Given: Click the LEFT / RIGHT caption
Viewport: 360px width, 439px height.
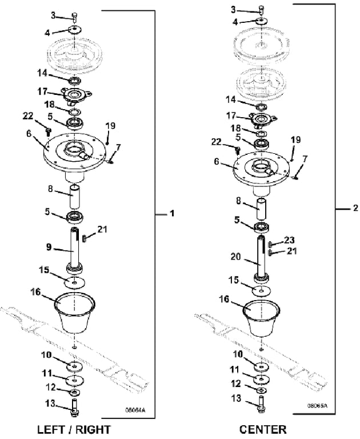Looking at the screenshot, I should click(x=73, y=429).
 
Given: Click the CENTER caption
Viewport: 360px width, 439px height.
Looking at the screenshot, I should click(x=263, y=429).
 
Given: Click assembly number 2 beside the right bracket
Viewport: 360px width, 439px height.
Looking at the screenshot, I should click(x=355, y=207).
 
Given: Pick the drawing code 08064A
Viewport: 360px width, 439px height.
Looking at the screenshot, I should click(x=135, y=409).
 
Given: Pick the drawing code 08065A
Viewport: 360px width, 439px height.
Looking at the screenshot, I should click(x=318, y=405).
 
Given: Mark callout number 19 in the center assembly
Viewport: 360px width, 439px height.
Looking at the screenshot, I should click(x=295, y=139).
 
